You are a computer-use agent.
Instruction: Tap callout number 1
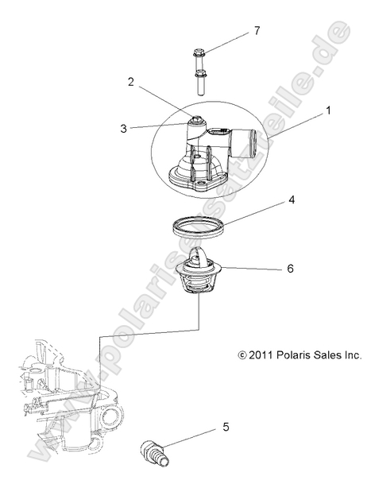click(x=328, y=114)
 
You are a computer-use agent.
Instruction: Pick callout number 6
click(x=290, y=269)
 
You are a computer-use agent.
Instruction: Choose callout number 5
click(x=226, y=427)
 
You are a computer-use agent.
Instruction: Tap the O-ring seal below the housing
click(x=207, y=226)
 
